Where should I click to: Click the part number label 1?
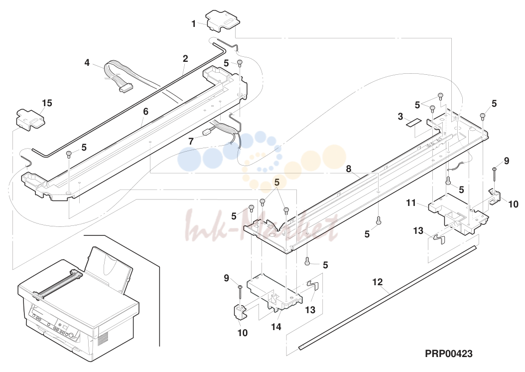tap(193, 24)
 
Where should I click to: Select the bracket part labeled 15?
tap(30, 119)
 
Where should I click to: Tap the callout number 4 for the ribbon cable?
tap(87, 63)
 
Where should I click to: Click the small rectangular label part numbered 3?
tap(413, 122)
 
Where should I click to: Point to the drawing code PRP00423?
tap(449, 353)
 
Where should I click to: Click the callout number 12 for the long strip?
tap(378, 282)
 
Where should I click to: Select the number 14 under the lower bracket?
tap(276, 327)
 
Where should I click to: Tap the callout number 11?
tap(411, 203)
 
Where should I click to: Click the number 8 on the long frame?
tap(349, 169)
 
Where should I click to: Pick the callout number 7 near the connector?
tap(191, 142)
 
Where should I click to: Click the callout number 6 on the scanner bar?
tap(145, 111)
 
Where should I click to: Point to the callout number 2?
tap(185, 59)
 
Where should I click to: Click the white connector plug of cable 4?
tap(125, 88)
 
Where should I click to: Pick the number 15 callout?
tap(47, 103)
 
